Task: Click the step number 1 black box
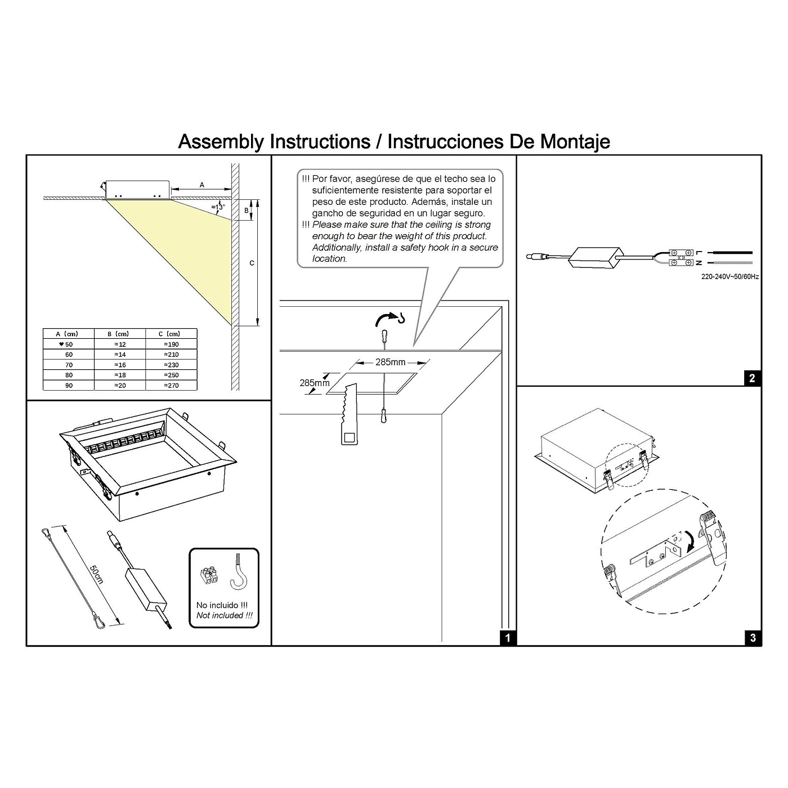click(508, 638)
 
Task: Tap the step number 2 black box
click(753, 378)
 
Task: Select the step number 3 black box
click(753, 638)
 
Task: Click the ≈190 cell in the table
click(171, 344)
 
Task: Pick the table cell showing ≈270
click(171, 386)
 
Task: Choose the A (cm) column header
click(68, 334)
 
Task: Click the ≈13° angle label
click(218, 207)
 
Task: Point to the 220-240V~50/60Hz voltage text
click(729, 277)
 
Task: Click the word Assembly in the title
click(220, 141)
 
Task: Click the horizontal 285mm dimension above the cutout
click(390, 362)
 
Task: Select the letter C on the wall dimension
click(252, 263)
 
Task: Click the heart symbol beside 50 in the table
click(61, 344)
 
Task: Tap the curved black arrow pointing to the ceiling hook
click(384, 319)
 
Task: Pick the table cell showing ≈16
click(120, 365)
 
